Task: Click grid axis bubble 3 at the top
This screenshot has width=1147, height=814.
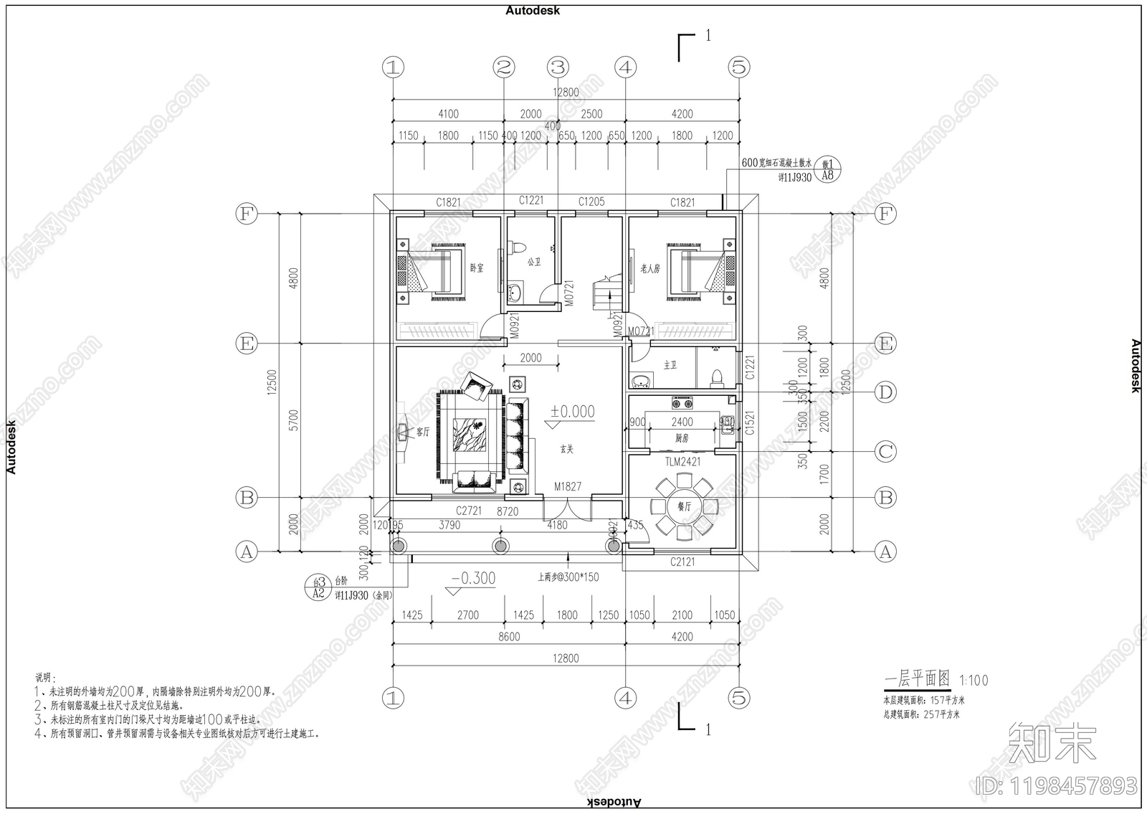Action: point(558,67)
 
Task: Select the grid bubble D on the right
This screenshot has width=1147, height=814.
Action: point(886,392)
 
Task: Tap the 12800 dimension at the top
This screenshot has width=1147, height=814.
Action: point(565,92)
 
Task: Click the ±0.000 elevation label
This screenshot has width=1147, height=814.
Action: point(572,412)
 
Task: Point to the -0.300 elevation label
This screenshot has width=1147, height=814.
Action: point(473,579)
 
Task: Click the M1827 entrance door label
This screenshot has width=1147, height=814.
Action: point(567,486)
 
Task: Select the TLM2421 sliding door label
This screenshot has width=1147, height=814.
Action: point(682,462)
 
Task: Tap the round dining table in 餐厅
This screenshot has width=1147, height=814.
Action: point(682,506)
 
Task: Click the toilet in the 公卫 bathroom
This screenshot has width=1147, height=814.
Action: point(517,248)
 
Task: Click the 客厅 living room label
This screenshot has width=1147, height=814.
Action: point(423,432)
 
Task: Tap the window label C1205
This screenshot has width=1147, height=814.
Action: point(591,202)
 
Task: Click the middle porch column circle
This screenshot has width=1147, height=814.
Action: point(500,546)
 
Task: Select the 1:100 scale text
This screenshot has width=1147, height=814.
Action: point(974,680)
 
